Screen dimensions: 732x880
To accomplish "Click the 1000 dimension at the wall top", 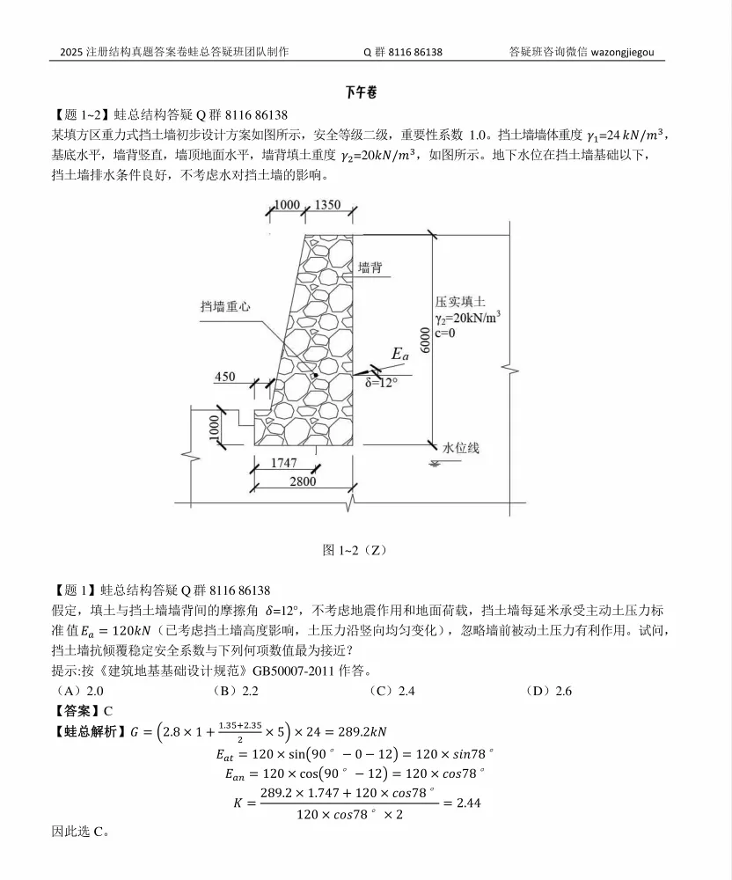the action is (x=287, y=205).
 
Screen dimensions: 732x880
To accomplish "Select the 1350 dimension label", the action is (x=326, y=205).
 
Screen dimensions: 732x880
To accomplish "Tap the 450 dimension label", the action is (x=224, y=377).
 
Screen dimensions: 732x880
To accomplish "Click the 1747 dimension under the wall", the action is (x=283, y=463).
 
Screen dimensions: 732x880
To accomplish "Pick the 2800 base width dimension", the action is (x=302, y=483).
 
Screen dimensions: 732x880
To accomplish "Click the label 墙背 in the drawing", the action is (x=370, y=266).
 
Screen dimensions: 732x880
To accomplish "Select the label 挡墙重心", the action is (x=226, y=306).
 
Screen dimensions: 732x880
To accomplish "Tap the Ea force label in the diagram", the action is (x=400, y=355).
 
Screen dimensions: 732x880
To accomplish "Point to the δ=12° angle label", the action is (x=382, y=382).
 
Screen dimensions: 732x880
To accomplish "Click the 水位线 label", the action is (x=461, y=448).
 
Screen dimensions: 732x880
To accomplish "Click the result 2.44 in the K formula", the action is (x=465, y=803).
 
